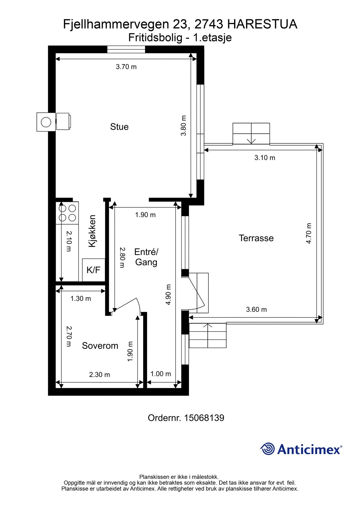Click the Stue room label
coord(119,127)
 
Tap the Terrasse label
coord(256,238)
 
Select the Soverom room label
coord(100,346)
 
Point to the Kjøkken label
coord(92,231)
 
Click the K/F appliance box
coord(94,270)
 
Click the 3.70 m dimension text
coord(126,67)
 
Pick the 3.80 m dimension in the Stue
coord(184,126)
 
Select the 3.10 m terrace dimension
coord(265,158)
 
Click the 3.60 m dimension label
coord(256,310)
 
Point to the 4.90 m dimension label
coord(169,295)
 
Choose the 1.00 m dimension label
coord(161,374)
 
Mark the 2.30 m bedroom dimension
coord(100,375)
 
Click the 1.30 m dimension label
coord(81,299)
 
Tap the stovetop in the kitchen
coord(67,213)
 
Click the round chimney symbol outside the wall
coord(46,122)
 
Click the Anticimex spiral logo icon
coord(268,449)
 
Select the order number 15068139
coord(204,418)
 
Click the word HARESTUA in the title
coord(262,24)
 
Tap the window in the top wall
coord(126,49)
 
